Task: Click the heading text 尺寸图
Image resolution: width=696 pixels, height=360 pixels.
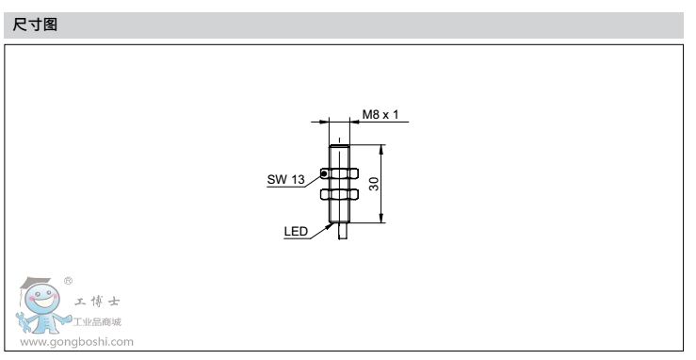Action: point(35,25)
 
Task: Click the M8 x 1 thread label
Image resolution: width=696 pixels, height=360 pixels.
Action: point(380,115)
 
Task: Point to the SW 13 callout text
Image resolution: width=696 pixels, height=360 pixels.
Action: point(286,179)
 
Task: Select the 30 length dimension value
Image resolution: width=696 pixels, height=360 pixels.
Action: point(374,184)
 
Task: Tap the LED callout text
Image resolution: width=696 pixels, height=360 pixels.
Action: point(296,231)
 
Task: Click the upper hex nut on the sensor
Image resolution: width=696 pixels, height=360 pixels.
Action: point(339,173)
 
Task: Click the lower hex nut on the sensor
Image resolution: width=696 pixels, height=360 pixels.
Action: point(339,194)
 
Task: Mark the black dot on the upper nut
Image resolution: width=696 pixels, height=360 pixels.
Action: point(324,173)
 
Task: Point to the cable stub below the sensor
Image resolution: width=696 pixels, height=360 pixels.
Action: point(343,231)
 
